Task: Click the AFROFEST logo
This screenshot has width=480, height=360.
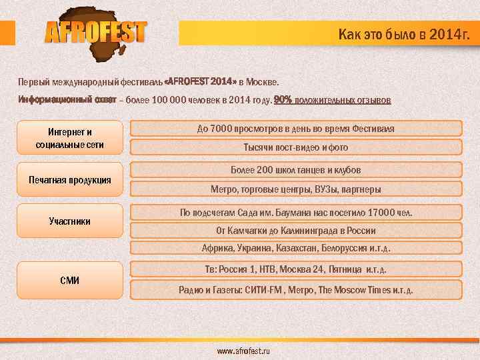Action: (x=96, y=32)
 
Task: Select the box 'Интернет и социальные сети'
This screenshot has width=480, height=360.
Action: (x=70, y=138)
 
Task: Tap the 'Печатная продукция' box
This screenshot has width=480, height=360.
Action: (x=70, y=180)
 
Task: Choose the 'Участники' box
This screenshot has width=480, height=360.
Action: (x=70, y=221)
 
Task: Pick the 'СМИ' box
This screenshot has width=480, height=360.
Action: (x=70, y=280)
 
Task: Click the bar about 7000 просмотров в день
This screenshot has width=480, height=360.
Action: (x=296, y=129)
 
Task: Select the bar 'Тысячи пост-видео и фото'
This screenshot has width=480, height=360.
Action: (x=296, y=147)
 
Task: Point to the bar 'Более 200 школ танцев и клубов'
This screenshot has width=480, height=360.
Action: (x=296, y=170)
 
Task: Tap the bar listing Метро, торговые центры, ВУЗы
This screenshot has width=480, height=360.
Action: (x=296, y=189)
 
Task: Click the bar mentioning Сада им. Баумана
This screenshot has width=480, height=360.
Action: (x=296, y=213)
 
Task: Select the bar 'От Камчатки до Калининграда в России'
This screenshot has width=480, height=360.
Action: (x=296, y=231)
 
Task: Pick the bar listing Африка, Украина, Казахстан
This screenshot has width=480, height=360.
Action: (x=296, y=248)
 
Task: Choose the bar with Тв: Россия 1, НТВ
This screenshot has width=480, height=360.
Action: (x=296, y=269)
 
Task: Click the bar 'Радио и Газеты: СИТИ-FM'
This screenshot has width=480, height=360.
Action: (x=296, y=290)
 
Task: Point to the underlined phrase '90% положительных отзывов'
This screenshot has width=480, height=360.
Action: (x=333, y=101)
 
